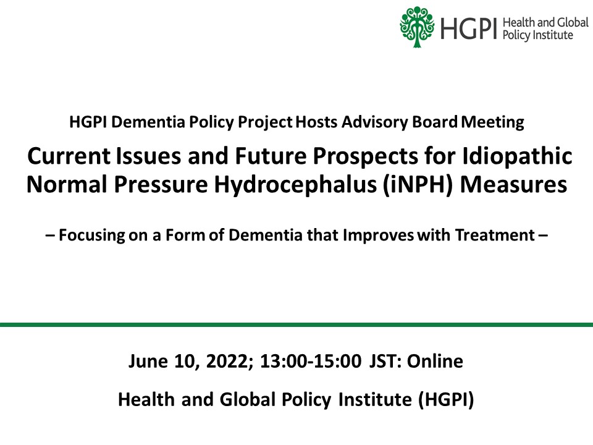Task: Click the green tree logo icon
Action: point(417,27)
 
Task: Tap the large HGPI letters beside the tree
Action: point(468,29)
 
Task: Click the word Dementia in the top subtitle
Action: point(148,122)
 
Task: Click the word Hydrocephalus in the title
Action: point(295,185)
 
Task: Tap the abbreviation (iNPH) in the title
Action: point(418,185)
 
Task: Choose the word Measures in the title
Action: point(513,185)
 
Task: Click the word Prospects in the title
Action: point(365,156)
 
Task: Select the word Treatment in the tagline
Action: point(495,235)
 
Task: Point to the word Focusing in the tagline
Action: point(91,235)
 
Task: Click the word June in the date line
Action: point(148,362)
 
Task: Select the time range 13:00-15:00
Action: point(311,362)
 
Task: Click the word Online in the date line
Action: point(434,362)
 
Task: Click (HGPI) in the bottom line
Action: point(446,400)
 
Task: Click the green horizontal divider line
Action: point(296,324)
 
